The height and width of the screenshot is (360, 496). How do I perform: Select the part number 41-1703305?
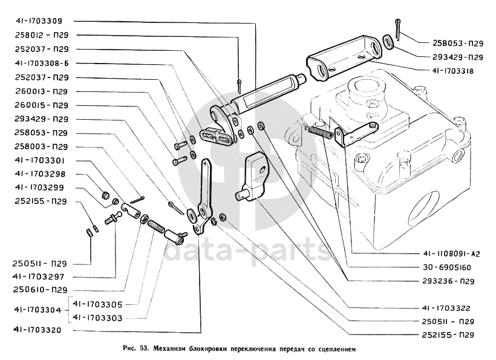pos(98,304)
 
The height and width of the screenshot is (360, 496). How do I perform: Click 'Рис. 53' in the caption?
pos(135,349)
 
